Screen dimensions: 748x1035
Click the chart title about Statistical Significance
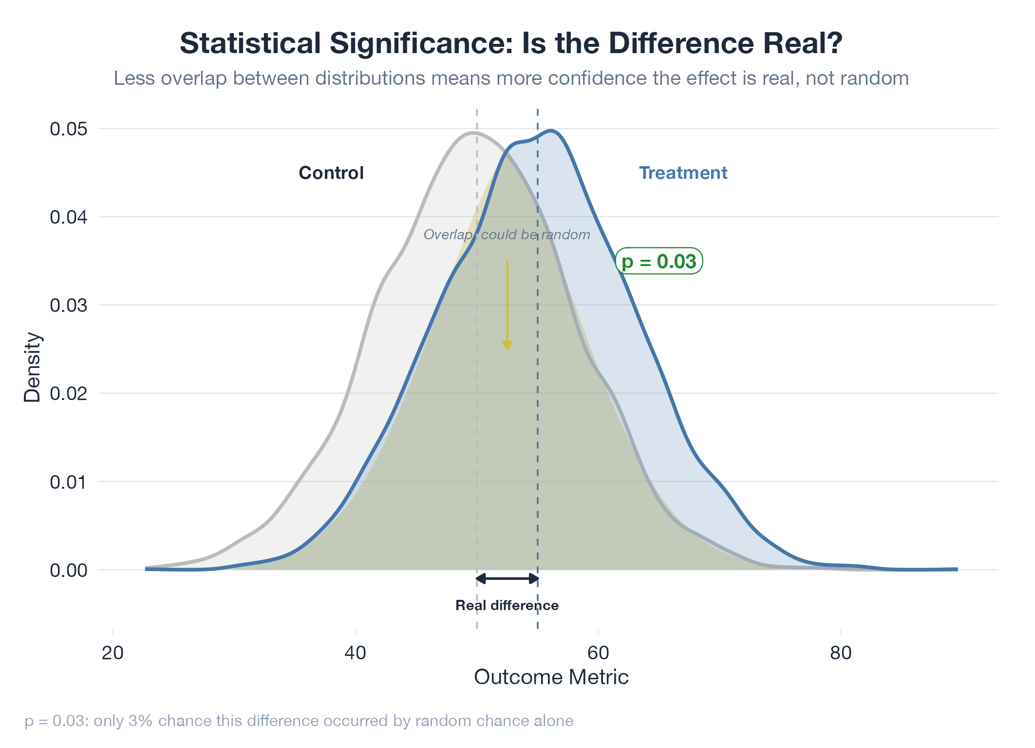pyautogui.click(x=511, y=43)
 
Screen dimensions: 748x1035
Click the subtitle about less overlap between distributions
pyautogui.click(x=511, y=78)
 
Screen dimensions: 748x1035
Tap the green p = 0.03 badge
pyautogui.click(x=659, y=262)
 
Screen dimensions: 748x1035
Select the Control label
pyautogui.click(x=331, y=173)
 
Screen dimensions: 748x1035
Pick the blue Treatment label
pyautogui.click(x=683, y=173)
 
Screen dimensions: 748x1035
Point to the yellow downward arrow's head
pyautogui.click(x=507, y=345)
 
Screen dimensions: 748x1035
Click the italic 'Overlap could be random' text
pyautogui.click(x=507, y=235)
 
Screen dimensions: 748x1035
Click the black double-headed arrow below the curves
pyautogui.click(x=507, y=578)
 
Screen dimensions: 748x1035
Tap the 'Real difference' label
pyautogui.click(x=507, y=605)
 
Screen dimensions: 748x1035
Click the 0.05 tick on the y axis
pyautogui.click(x=69, y=129)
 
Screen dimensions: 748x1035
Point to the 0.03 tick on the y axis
pyautogui.click(x=69, y=306)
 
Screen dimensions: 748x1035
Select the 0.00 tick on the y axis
pyautogui.click(x=69, y=570)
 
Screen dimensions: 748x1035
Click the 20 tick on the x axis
pyautogui.click(x=113, y=653)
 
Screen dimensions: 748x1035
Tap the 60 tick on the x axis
pyautogui.click(x=598, y=653)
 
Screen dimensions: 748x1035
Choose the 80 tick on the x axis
pyautogui.click(x=841, y=653)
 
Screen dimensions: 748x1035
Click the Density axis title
pyautogui.click(x=33, y=367)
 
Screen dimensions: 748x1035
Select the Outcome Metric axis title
pyautogui.click(x=551, y=677)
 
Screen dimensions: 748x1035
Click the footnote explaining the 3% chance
pyautogui.click(x=299, y=721)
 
